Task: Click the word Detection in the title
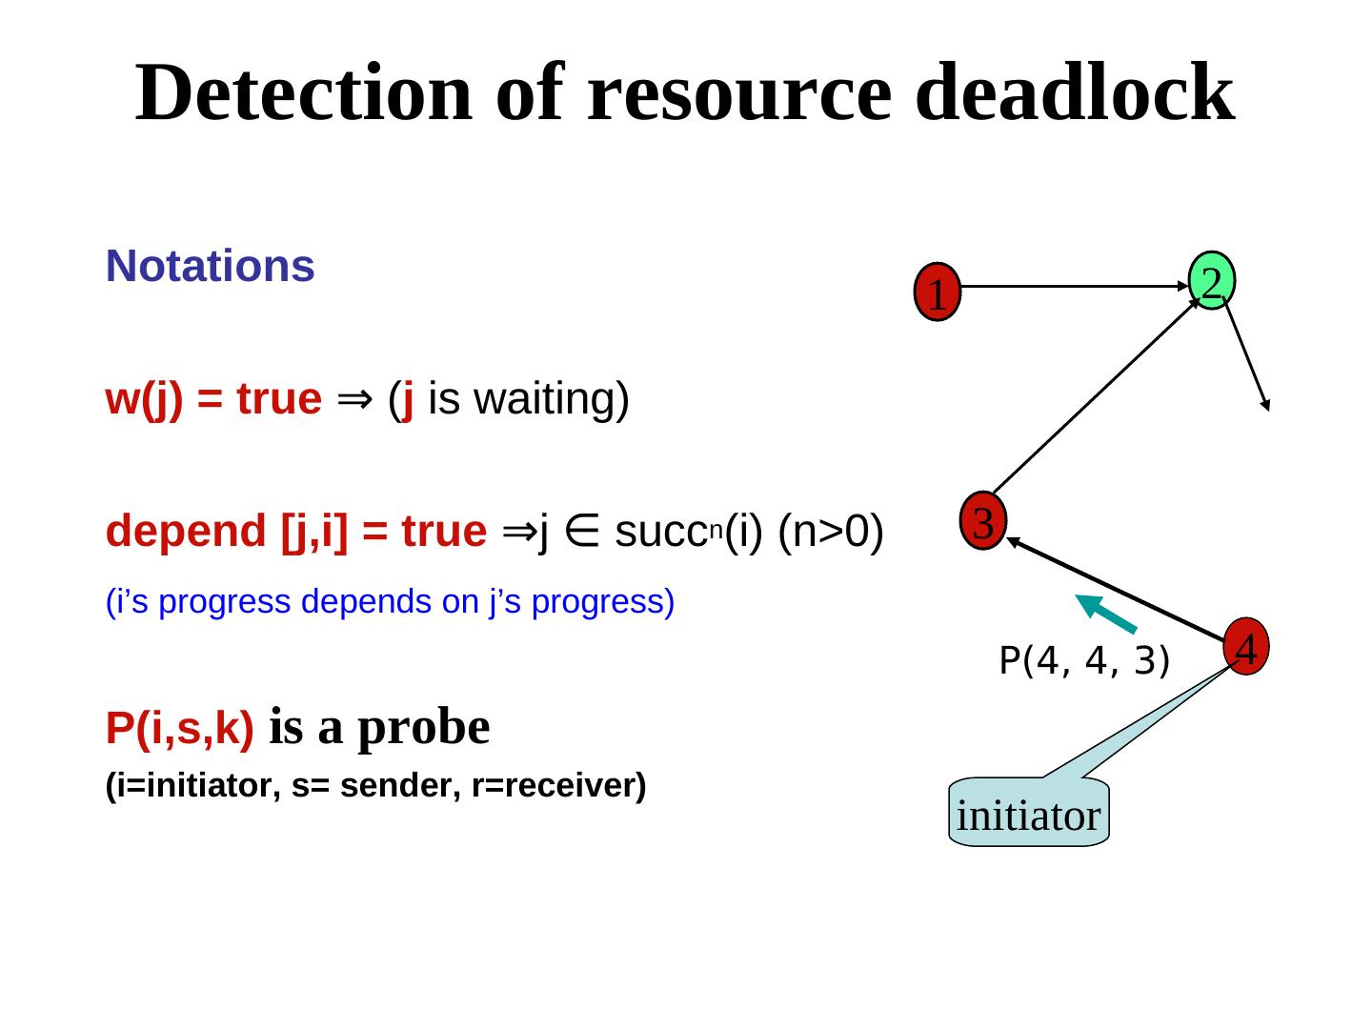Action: coord(304,92)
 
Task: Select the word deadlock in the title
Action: coord(1074,92)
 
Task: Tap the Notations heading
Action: coord(210,266)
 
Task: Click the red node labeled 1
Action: coord(938,293)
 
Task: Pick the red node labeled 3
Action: coord(984,520)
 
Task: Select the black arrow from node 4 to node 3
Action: coord(1115,589)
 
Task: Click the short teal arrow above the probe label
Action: coord(1105,614)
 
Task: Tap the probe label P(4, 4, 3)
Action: coord(1084,659)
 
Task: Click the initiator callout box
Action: coord(1029,815)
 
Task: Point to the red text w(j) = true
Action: coord(213,399)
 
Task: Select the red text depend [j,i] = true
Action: coord(296,531)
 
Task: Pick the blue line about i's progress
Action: coord(390,601)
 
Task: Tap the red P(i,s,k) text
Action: coord(180,729)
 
